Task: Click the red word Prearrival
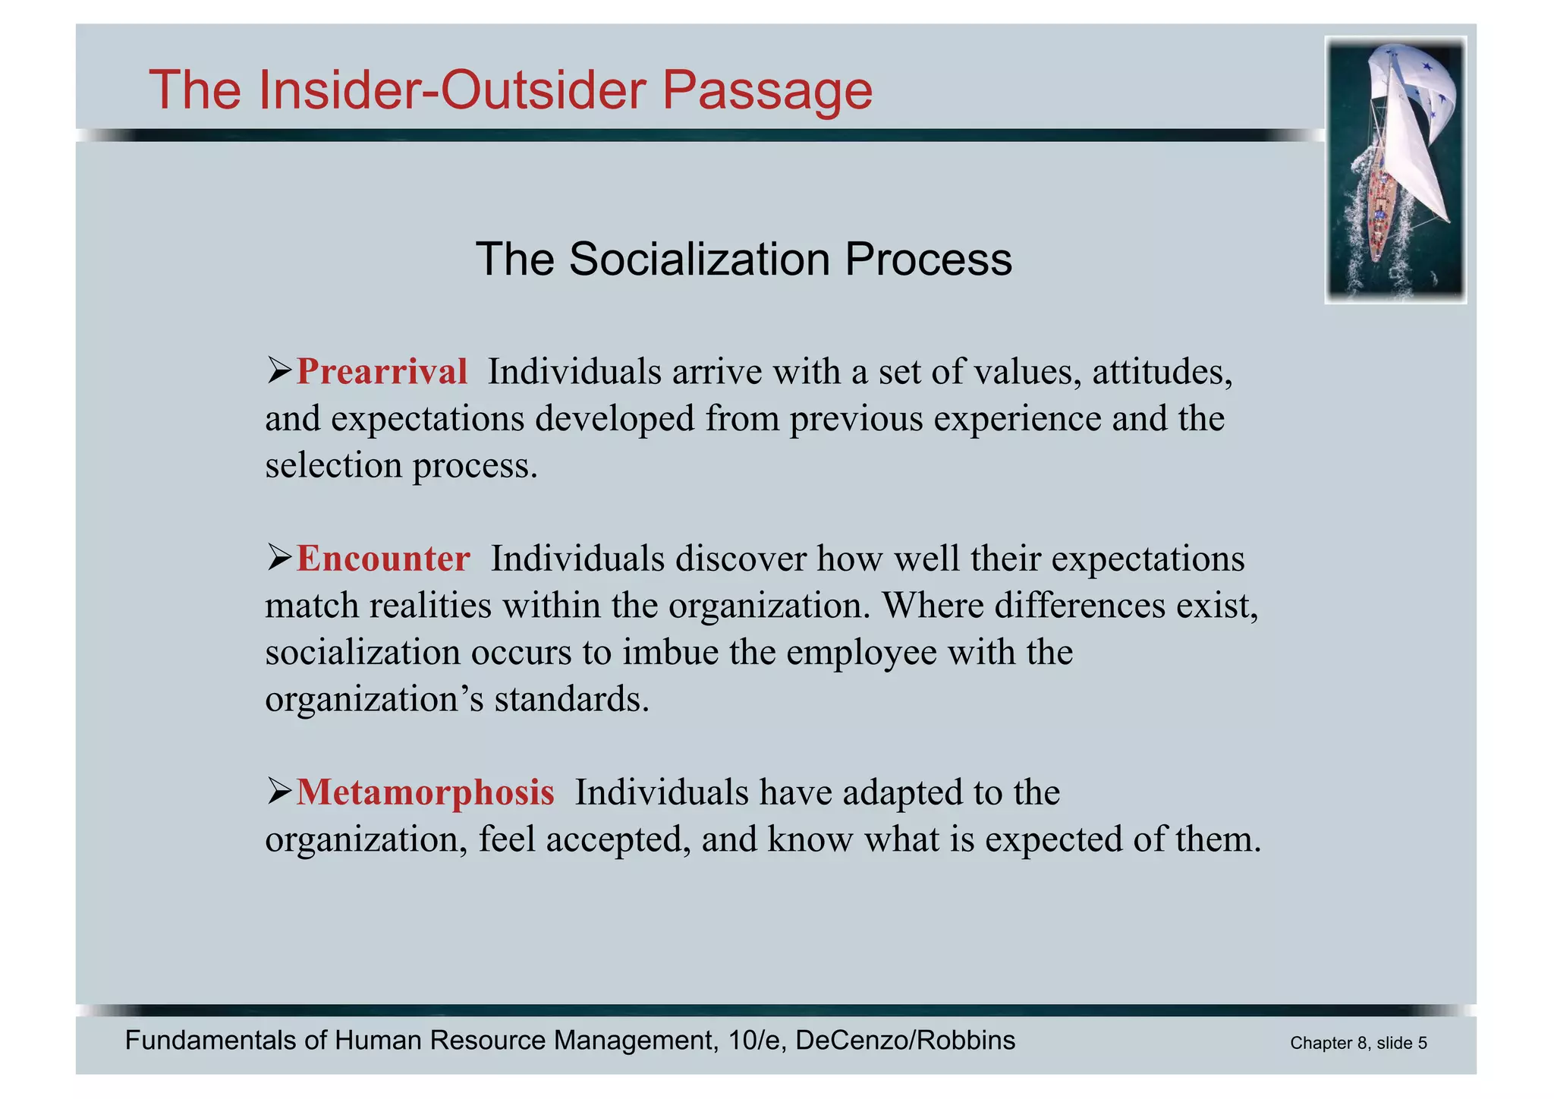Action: pos(381,372)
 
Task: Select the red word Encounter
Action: pos(382,559)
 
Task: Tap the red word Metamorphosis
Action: pos(425,792)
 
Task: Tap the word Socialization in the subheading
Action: pos(699,259)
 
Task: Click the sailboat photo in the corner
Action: pos(1395,170)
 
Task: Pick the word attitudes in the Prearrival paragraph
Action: pos(1162,372)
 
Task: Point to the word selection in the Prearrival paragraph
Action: pos(333,465)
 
